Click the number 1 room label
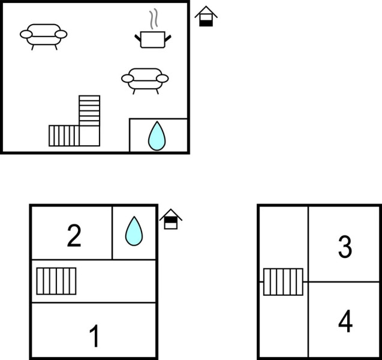pos(94,336)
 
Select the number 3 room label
pos(344,247)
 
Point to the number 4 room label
pos(345,322)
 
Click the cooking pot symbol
pos(152,40)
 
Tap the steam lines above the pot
pos(154,19)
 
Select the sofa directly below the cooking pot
pos(145,79)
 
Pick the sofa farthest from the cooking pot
pos(44,34)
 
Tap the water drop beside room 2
pos(134,231)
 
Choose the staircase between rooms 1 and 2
pos(56,281)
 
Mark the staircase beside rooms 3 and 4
pos(283,282)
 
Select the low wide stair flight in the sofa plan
pos(64,136)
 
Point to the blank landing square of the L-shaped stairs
pos(89,136)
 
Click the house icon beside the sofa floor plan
pos(206,16)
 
